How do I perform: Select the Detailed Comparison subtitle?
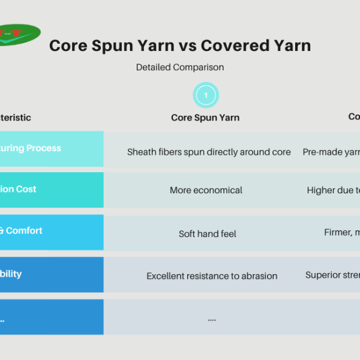pos(179,67)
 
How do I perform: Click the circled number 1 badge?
pos(206,95)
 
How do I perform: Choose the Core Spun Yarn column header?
pos(205,118)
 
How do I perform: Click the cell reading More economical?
pos(206,190)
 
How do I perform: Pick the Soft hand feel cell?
pos(208,233)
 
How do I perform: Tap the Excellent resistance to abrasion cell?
pos(212,276)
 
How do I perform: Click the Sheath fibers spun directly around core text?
pos(209,152)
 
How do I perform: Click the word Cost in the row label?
pos(26,189)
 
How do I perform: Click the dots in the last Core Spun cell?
pos(212,319)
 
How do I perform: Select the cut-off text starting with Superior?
pos(332,275)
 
